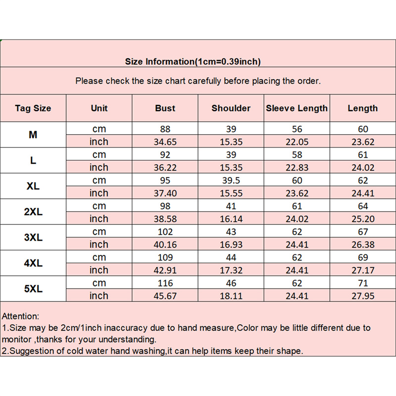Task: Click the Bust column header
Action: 165,108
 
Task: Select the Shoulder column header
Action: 231,108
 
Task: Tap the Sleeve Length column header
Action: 297,108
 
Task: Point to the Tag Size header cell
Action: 33,108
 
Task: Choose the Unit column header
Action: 99,108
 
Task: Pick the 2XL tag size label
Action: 33,212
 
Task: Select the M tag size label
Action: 33,135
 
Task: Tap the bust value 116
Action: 165,283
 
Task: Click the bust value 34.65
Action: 165,142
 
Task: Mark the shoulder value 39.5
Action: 231,180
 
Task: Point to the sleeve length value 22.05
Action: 297,142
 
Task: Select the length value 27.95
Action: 363,296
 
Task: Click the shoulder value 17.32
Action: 231,270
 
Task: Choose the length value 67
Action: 363,232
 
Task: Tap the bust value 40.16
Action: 165,245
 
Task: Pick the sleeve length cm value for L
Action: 297,154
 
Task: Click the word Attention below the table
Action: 20,316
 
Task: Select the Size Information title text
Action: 193,62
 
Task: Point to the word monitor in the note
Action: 17,340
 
